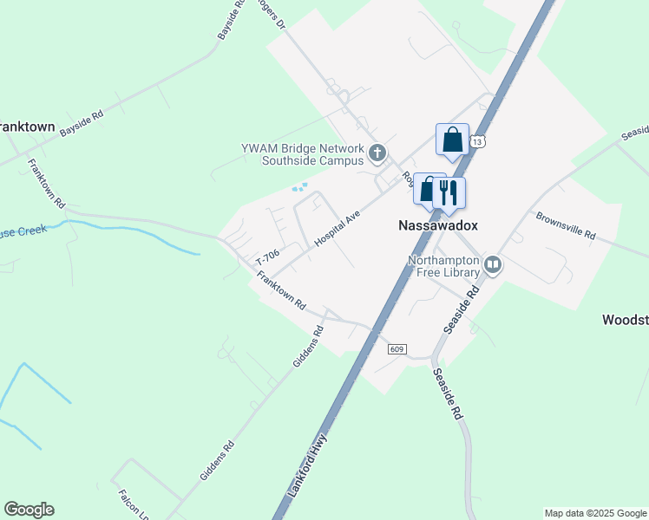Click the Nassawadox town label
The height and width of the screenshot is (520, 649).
[x=437, y=224]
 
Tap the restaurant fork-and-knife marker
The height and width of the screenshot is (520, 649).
[x=449, y=192]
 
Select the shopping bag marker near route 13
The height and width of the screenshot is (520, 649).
[x=452, y=140]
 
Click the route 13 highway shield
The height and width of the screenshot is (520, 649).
[x=479, y=140]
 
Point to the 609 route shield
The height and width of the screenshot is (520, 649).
[x=397, y=348]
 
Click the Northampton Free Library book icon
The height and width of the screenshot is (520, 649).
[x=493, y=263]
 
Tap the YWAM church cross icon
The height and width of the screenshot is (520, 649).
[x=377, y=154]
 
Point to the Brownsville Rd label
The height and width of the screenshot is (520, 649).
[x=565, y=226]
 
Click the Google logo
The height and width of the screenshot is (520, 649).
[x=29, y=510]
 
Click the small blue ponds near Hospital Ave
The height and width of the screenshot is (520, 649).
[x=299, y=186]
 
